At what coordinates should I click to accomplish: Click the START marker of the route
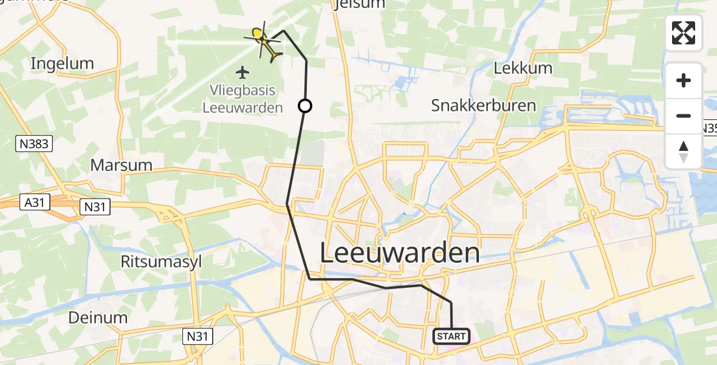[x=451, y=336]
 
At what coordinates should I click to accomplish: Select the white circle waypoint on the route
[x=305, y=106]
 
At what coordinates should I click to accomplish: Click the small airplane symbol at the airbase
[x=243, y=73]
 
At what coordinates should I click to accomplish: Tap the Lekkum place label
[x=523, y=68]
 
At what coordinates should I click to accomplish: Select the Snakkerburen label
[x=484, y=105]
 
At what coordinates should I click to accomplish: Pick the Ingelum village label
[x=62, y=63]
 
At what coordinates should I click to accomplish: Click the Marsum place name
[x=122, y=165]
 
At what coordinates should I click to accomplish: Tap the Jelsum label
[x=360, y=4]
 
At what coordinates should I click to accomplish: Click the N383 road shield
[x=33, y=144]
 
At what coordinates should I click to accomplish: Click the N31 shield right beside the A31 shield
[x=95, y=207]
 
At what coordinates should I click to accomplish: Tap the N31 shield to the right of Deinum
[x=197, y=335]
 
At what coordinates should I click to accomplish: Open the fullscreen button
[x=684, y=33]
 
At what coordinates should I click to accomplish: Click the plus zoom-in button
[x=684, y=81]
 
